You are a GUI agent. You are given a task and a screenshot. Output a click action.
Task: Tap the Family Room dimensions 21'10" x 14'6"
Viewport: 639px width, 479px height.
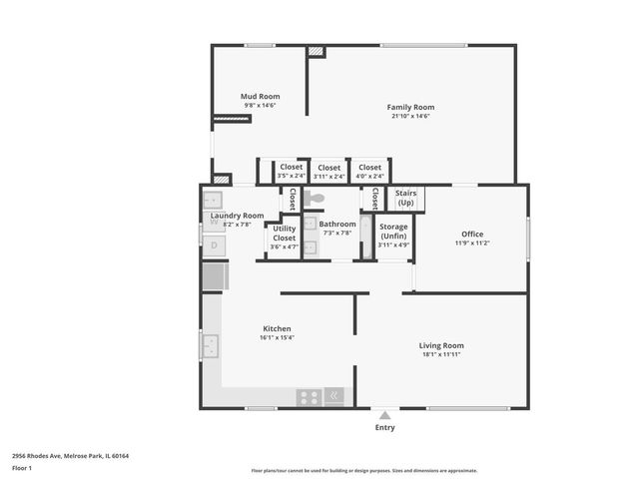click(x=410, y=116)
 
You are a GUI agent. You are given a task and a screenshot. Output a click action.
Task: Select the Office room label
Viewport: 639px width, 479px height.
click(x=472, y=235)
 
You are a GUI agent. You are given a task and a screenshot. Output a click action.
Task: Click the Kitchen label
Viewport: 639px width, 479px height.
click(x=277, y=328)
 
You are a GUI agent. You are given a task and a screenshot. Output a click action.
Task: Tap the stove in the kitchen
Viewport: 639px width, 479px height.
click(x=309, y=396)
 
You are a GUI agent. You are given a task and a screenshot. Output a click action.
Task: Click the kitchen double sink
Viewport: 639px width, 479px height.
click(x=211, y=346)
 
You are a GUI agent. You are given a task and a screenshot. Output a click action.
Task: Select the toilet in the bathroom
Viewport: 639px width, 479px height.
click(x=315, y=199)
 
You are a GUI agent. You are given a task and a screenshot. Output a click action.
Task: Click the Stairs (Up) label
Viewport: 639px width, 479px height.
click(x=405, y=198)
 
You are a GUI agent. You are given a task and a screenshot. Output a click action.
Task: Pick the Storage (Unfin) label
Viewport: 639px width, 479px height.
click(x=393, y=231)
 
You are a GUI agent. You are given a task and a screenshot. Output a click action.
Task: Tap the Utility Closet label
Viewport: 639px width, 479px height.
click(x=284, y=234)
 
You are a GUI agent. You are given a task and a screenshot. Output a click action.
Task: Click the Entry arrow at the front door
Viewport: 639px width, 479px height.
click(x=384, y=414)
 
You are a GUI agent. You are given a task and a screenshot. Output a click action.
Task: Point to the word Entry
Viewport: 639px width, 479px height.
click(x=384, y=428)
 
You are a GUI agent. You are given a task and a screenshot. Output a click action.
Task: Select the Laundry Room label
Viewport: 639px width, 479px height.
click(x=238, y=216)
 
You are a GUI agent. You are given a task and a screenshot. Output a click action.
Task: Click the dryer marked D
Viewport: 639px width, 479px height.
click(x=214, y=244)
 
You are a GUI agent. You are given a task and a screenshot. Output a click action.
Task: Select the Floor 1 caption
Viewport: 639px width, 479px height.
click(x=22, y=468)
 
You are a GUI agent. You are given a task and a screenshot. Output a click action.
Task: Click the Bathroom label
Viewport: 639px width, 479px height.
click(x=337, y=225)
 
